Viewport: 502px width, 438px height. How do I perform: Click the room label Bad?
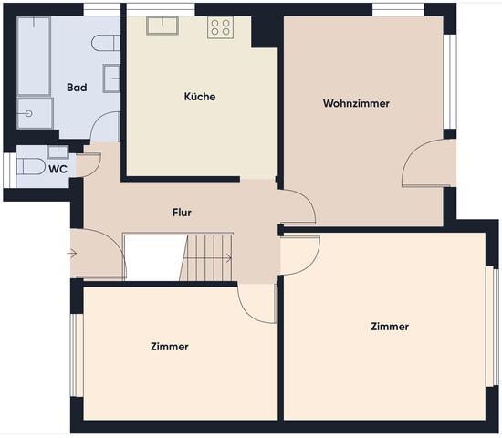[x=77, y=88]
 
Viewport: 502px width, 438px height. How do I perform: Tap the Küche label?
[x=199, y=96]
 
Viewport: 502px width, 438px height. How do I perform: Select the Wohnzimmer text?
[x=356, y=103]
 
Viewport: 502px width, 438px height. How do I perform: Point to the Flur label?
[x=182, y=213]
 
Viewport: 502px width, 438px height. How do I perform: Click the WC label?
[x=57, y=169]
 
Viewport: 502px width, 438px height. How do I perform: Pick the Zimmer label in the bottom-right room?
[x=390, y=326]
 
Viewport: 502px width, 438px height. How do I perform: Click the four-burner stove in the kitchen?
[x=220, y=28]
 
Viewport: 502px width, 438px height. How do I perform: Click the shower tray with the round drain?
[x=34, y=114]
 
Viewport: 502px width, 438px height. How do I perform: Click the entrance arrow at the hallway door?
[x=73, y=253]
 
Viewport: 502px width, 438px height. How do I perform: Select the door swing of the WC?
[x=89, y=165]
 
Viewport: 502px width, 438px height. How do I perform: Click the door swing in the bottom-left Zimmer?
[x=256, y=301]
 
